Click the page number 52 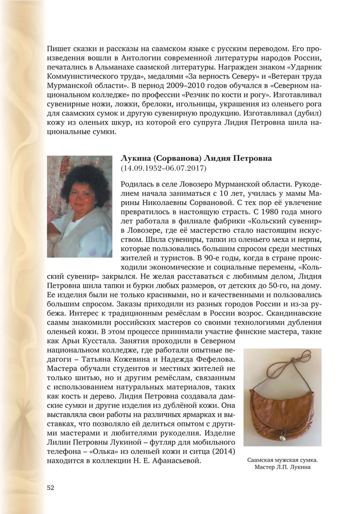(x=50, y=488)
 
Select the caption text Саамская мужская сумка (x=282, y=460)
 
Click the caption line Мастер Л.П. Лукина (x=282, y=468)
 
